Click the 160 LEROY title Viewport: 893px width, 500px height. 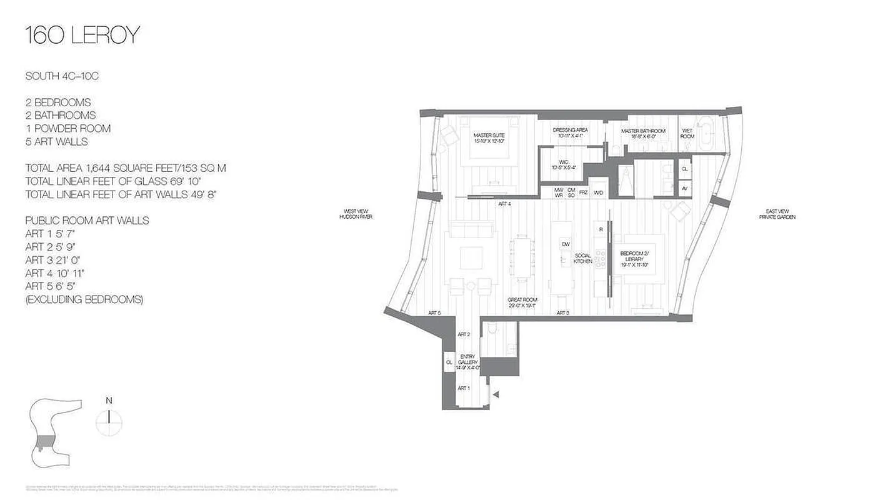coord(82,36)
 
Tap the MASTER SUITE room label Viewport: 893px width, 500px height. coord(489,137)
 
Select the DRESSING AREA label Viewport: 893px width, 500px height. coord(570,132)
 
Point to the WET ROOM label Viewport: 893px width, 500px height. coord(687,134)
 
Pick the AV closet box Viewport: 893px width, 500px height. coord(684,188)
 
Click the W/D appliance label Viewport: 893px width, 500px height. coord(599,192)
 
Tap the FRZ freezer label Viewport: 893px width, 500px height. coord(583,192)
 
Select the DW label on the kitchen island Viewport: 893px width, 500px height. coord(565,244)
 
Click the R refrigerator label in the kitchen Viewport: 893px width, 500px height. coord(601,229)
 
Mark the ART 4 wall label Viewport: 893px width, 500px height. coord(504,204)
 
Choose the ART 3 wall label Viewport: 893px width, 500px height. coord(562,312)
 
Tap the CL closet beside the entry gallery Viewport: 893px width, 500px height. coord(449,361)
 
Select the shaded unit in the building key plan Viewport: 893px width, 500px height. coord(44,442)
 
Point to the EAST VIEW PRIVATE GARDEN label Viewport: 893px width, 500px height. coord(776,214)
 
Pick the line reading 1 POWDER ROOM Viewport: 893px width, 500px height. coord(68,128)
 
